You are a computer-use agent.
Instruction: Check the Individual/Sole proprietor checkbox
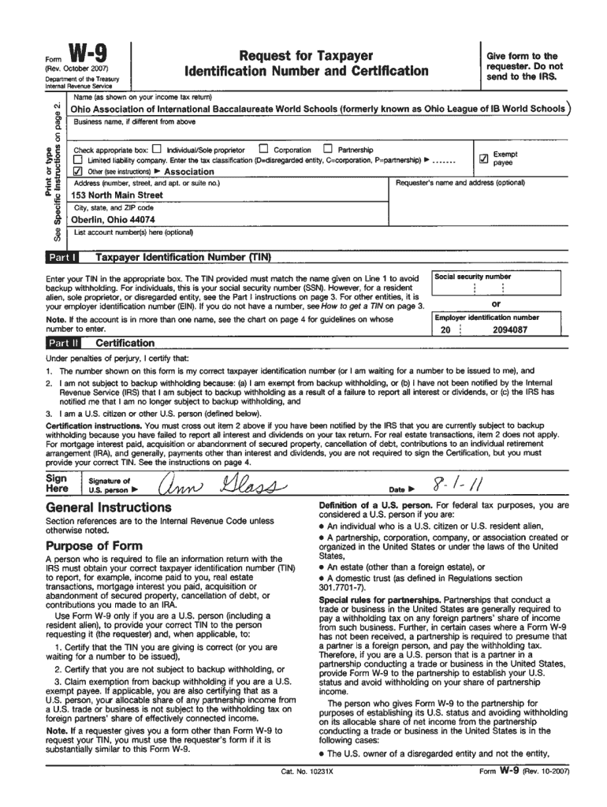[156, 149]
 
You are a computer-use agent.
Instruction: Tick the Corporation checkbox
[264, 149]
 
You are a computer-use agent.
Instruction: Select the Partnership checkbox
[327, 149]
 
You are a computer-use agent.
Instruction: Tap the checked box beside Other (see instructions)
[78, 171]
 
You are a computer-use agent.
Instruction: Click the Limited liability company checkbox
[78, 160]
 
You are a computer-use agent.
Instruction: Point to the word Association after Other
[188, 172]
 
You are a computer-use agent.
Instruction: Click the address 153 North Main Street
[117, 195]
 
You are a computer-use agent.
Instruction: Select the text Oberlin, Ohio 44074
[114, 220]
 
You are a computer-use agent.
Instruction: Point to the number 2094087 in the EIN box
[510, 330]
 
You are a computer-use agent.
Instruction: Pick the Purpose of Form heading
[94, 546]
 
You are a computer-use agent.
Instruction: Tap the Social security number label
[473, 277]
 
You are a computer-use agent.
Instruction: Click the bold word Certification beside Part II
[125, 344]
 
